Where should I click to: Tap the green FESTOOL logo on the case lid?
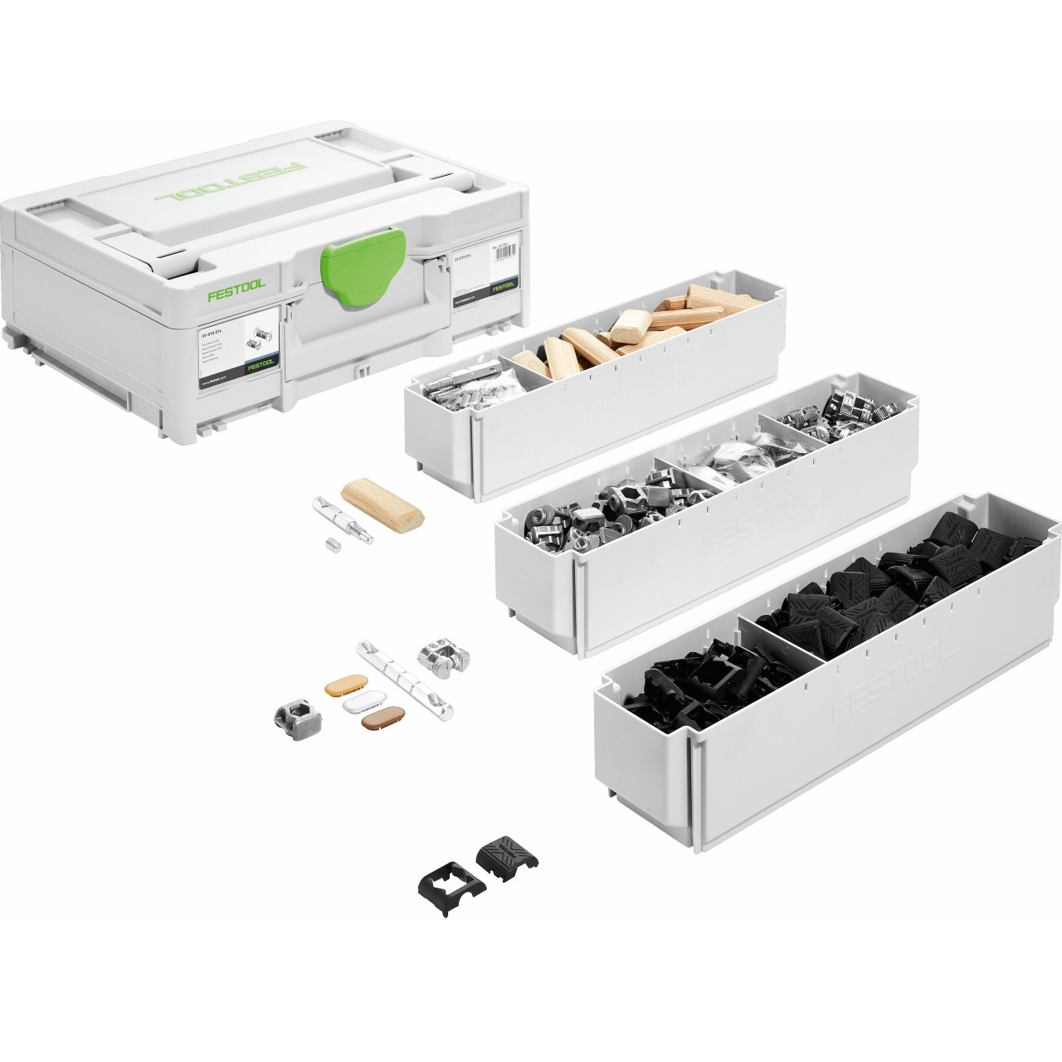tap(231, 183)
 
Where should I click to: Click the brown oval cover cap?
tap(383, 717)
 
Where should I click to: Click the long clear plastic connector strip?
tap(405, 680)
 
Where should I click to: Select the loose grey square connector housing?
tap(297, 719)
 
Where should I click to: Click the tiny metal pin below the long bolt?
tap(334, 545)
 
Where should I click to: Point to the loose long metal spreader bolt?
tap(342, 519)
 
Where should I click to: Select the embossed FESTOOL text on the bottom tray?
tap(892, 682)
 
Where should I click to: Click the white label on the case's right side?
tap(485, 272)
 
